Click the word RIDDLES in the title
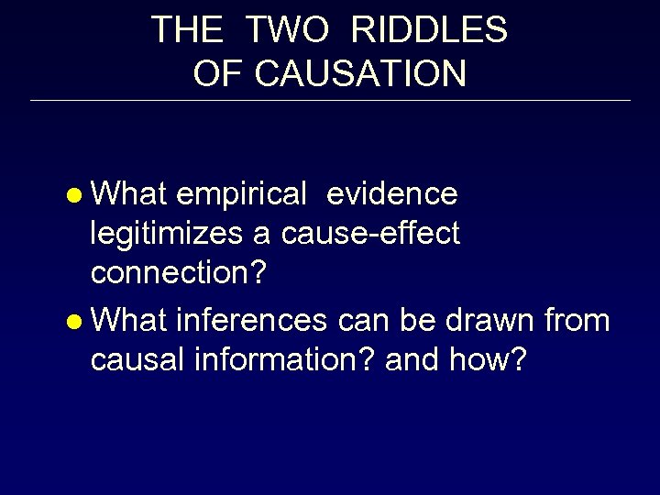coord(429,30)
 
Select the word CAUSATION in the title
coord(361,74)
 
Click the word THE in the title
coord(187,30)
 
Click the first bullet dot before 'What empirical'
coord(78,195)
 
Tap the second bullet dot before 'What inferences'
coord(78,322)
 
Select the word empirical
coord(241,194)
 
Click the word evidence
coord(391,194)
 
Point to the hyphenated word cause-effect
coord(371,235)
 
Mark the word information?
coord(280,360)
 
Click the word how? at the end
coord(489,360)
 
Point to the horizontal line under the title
coord(330,101)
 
